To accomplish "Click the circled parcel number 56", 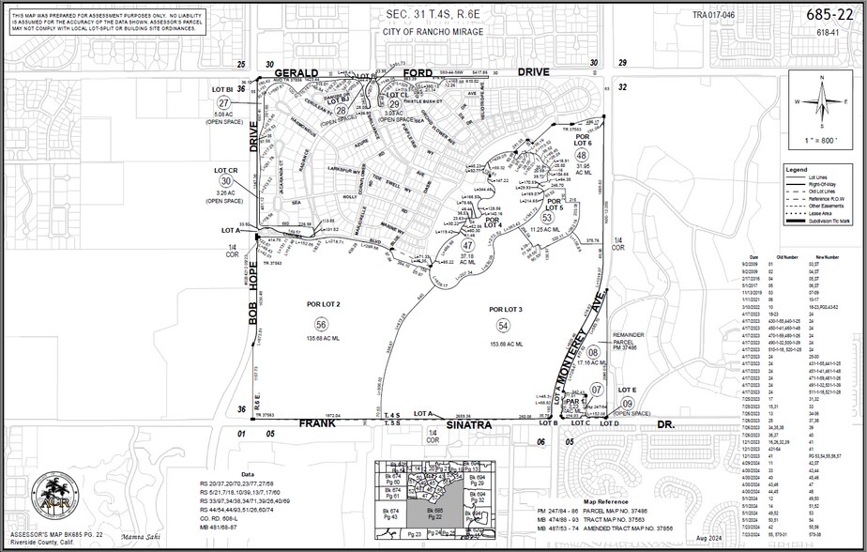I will pos(308,324).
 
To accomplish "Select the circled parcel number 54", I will pos(503,325).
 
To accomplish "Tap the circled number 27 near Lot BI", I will pos(223,102).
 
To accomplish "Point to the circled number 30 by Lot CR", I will pos(225,180).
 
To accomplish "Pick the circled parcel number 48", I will pos(582,155).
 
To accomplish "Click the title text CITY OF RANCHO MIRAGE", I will pos(433,31).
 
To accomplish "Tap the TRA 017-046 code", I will pos(713,15).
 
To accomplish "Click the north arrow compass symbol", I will pos(823,101).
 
